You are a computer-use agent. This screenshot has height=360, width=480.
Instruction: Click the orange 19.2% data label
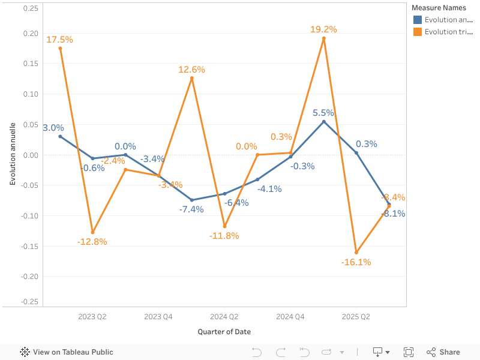[323, 29]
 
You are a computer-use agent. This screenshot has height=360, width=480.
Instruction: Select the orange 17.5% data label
[59, 40]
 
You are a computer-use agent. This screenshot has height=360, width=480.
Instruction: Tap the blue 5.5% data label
[323, 113]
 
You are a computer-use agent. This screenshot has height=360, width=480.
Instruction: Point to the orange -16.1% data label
[356, 262]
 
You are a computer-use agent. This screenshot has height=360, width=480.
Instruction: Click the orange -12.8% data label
[92, 242]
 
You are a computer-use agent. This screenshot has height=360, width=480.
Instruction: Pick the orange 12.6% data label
[191, 70]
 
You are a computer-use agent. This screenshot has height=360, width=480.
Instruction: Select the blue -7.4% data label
[191, 209]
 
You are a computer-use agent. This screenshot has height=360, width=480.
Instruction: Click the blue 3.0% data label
[53, 128]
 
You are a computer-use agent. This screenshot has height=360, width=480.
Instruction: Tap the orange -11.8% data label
[224, 235]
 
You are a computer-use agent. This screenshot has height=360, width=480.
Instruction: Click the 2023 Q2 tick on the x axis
[92, 316]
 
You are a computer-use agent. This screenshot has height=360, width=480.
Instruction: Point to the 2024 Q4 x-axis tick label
[290, 316]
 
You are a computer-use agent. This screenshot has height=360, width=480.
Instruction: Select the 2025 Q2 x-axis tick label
[356, 316]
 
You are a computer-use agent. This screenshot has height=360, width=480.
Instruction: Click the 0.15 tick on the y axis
[30, 64]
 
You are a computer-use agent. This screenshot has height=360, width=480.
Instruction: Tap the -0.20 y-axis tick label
[29, 277]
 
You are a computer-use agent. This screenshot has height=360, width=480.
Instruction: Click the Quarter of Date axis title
[224, 332]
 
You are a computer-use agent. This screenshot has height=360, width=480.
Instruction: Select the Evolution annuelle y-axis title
[13, 155]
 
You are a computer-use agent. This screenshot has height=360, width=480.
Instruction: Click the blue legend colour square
[418, 20]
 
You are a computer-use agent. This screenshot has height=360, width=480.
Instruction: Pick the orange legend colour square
[418, 32]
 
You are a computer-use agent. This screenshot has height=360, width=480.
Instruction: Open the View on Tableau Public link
[67, 352]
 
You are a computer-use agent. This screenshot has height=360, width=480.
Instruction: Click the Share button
[443, 352]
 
